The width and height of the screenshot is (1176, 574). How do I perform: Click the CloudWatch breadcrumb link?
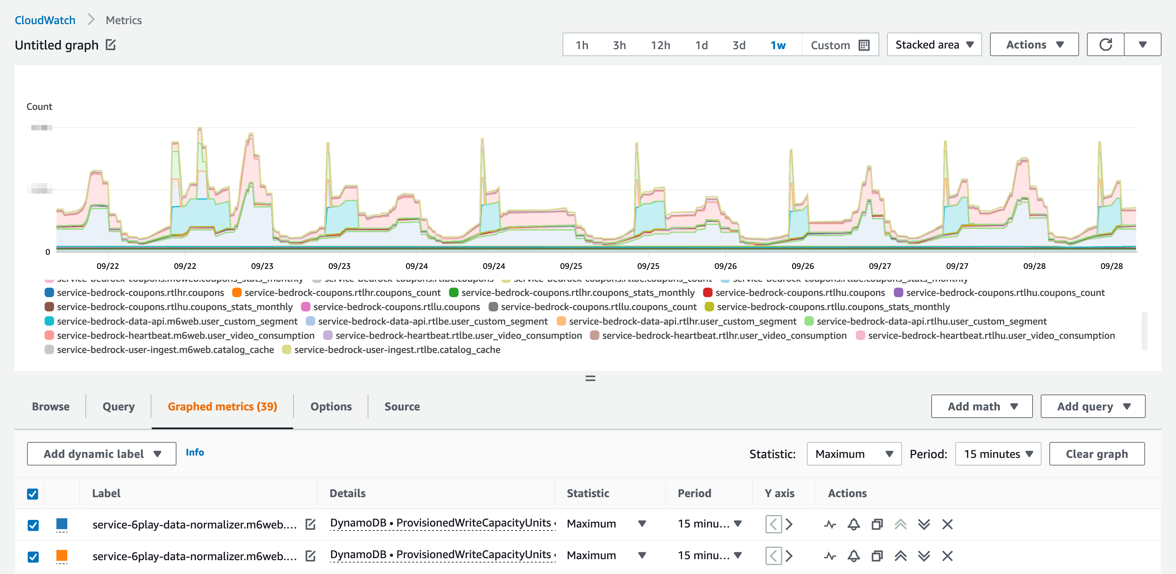[45, 20]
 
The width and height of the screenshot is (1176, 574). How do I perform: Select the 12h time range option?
[660, 45]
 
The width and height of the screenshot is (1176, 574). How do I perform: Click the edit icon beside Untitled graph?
[110, 45]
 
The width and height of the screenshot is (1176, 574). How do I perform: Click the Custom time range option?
[839, 45]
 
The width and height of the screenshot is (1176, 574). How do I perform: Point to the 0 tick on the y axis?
[47, 252]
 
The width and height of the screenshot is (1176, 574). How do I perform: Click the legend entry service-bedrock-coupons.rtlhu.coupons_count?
[1004, 293]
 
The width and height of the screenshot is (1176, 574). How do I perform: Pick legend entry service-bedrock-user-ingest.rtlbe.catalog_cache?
[397, 350]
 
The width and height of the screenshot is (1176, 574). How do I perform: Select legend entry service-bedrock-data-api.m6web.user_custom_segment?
[177, 322]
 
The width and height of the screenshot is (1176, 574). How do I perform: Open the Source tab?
[402, 406]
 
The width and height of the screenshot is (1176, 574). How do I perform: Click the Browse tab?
[51, 406]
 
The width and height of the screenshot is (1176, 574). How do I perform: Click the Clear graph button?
[1096, 454]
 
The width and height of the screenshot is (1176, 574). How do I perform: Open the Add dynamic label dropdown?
[101, 454]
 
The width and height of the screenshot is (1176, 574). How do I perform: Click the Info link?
[195, 452]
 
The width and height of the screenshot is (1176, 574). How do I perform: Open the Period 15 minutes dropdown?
[998, 454]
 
